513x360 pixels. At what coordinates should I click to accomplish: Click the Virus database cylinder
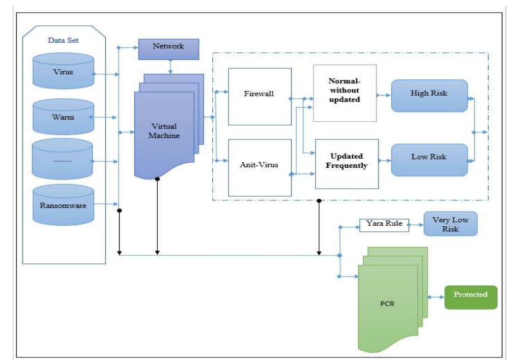click(63, 72)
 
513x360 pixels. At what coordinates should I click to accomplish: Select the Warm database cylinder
click(63, 117)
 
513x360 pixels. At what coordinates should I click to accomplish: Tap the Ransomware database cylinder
click(63, 206)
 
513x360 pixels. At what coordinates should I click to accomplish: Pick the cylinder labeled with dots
click(63, 161)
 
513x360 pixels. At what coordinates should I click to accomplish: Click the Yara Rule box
click(384, 225)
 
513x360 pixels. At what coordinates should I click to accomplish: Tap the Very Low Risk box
click(450, 224)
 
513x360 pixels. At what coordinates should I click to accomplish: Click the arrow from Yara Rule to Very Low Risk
click(416, 224)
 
